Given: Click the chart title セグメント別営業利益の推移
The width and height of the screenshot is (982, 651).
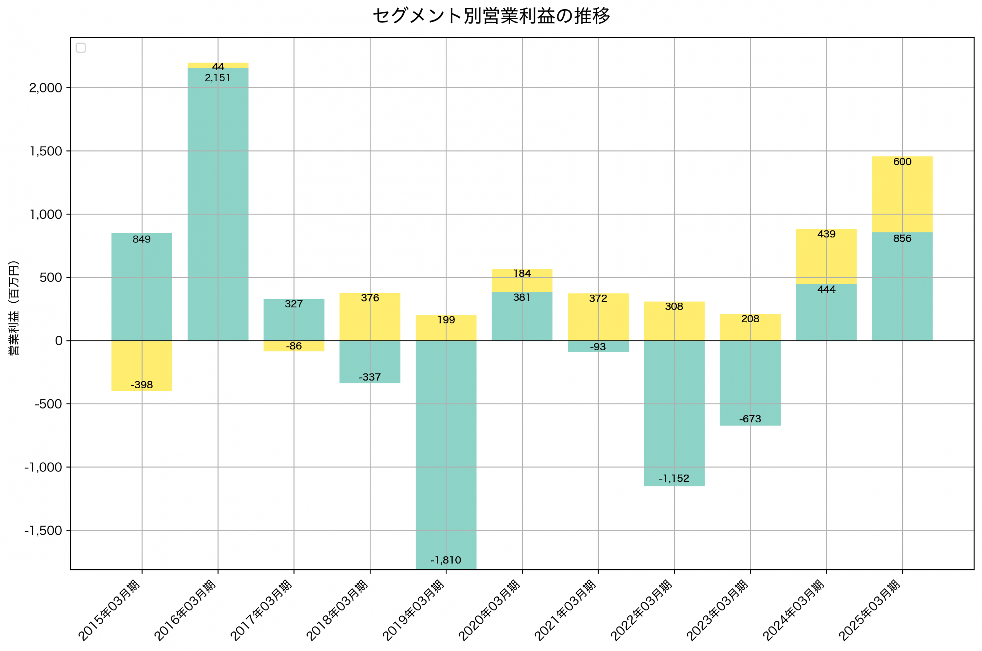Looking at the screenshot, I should point(491,16).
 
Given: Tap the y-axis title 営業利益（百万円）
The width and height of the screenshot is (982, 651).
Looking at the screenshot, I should point(14,308).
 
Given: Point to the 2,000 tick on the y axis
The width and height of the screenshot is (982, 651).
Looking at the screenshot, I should point(45,88).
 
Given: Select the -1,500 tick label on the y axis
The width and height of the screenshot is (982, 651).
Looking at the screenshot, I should point(43,531).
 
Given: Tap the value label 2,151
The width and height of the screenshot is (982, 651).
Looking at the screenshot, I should point(217,78).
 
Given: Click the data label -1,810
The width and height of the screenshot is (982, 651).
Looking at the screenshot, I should point(446,560).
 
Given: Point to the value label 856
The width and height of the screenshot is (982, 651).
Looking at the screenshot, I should point(902,239).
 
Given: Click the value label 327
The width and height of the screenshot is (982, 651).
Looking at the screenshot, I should point(294,304).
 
